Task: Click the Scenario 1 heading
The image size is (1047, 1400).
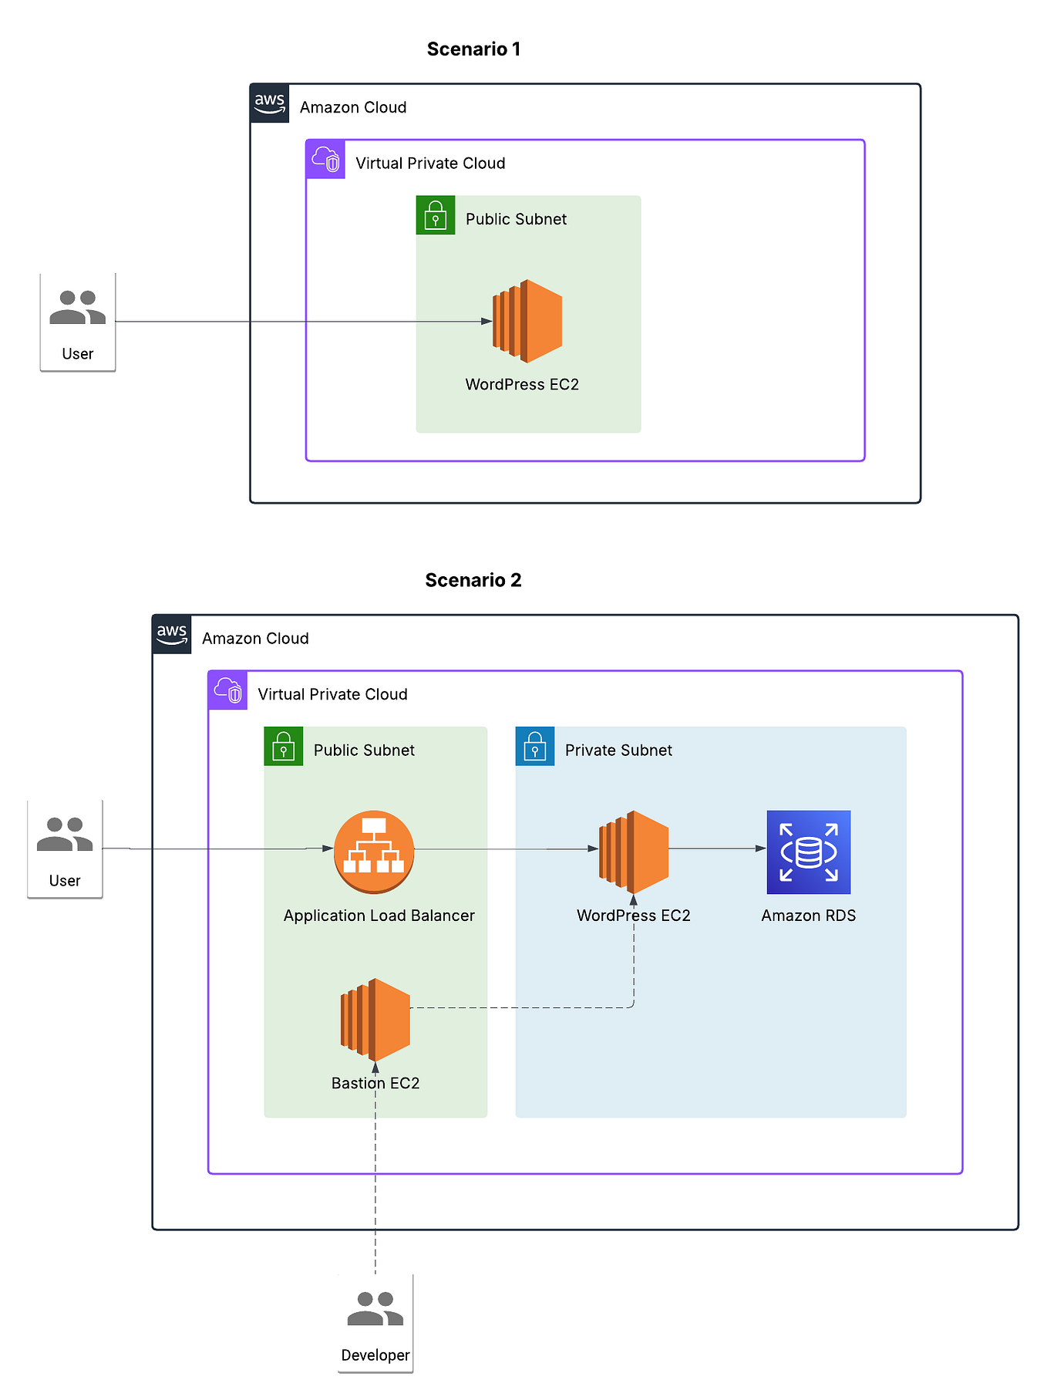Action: [x=473, y=49]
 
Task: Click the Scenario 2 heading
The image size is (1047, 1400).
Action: [x=473, y=580]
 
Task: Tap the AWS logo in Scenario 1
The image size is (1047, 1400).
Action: [x=270, y=103]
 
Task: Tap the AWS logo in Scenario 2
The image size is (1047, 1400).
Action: [x=172, y=634]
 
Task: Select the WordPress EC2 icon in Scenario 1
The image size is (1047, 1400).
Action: [x=528, y=321]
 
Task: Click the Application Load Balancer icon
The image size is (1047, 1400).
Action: [x=374, y=852]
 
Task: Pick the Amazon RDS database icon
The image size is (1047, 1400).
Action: [x=808, y=852]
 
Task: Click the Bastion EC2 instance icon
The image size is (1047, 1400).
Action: [x=375, y=1020]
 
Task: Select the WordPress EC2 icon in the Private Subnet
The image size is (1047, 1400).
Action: [x=634, y=852]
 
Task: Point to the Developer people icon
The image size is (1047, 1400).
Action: [x=375, y=1309]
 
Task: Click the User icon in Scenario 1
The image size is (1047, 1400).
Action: [x=77, y=308]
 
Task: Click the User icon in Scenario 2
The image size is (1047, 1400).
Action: [x=65, y=835]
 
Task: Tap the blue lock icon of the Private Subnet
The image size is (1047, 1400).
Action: [x=534, y=746]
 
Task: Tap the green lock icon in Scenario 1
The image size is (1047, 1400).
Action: [x=436, y=215]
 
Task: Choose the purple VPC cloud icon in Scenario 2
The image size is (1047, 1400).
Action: [x=227, y=690]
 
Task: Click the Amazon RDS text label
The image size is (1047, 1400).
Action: [x=808, y=916]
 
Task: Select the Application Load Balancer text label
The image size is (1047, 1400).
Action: [x=379, y=916]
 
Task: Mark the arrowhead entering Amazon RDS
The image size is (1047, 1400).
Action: [x=761, y=848]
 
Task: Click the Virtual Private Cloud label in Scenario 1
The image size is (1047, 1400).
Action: [x=430, y=164]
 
